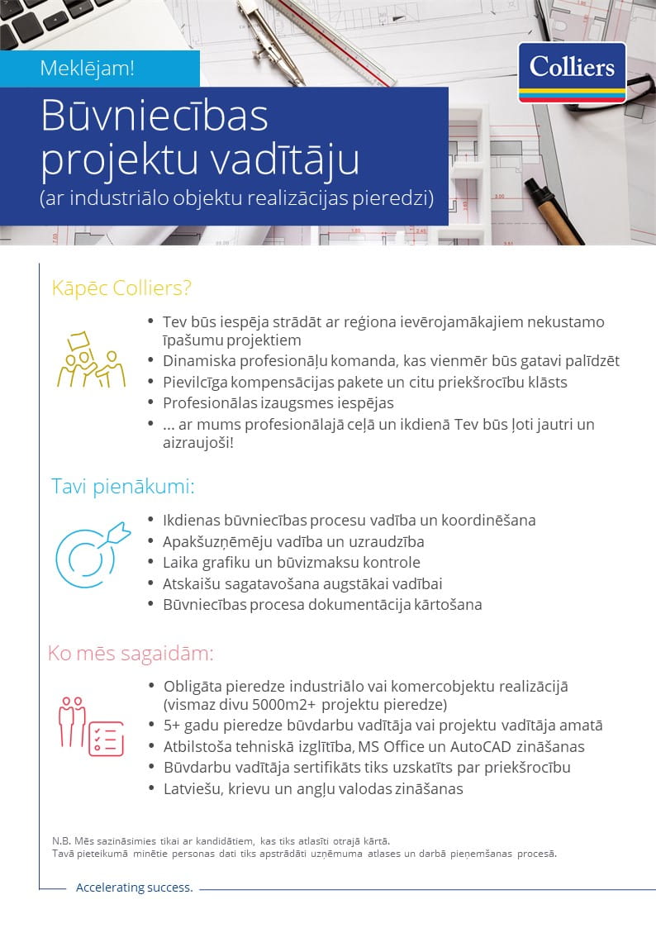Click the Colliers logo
(x=572, y=72)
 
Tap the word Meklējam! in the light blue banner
(x=87, y=69)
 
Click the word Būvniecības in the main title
(x=154, y=117)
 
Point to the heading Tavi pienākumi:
(x=123, y=486)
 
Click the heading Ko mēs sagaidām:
(x=131, y=654)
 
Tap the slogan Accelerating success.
(x=134, y=888)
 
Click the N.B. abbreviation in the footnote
(x=62, y=840)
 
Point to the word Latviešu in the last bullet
(x=195, y=788)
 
